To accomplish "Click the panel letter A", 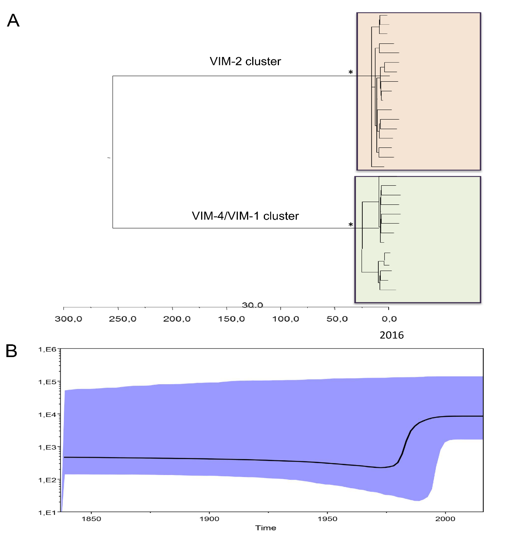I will coord(13,20).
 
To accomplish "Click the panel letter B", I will coord(12,351).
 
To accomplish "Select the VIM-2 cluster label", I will coord(245,61).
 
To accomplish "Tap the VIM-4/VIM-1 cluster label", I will coord(245,216).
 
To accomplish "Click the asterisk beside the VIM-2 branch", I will coord(351,73).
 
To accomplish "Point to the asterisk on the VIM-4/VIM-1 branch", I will coord(351,225).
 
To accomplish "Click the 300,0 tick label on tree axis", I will coord(68,319).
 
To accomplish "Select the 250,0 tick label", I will coord(123,319).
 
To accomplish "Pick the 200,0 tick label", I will coord(177,319).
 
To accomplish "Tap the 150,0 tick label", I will coord(231,319).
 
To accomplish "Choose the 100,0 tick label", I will coord(286,319).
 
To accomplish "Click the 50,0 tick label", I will coord(337,319).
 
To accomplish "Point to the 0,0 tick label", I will coord(389,319).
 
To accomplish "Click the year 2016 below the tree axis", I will coord(391,335).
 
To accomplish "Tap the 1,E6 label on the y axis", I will coord(47,350).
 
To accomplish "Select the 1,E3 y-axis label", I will coord(47,448).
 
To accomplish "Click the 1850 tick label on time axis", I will coord(91,519).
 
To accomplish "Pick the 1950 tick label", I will coord(327,519).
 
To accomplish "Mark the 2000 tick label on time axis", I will coord(445,519).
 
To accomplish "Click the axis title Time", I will coord(266,528).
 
